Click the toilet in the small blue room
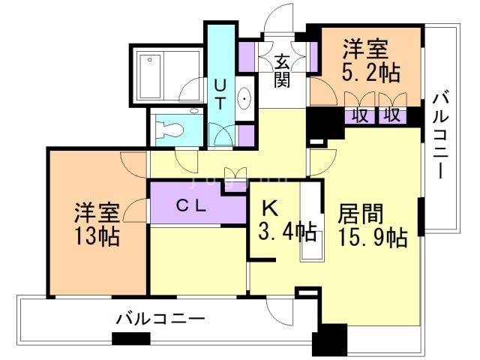point(169,129)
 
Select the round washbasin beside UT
point(246,99)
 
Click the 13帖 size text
point(96,237)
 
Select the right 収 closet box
point(391,115)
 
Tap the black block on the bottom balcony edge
point(125,338)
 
